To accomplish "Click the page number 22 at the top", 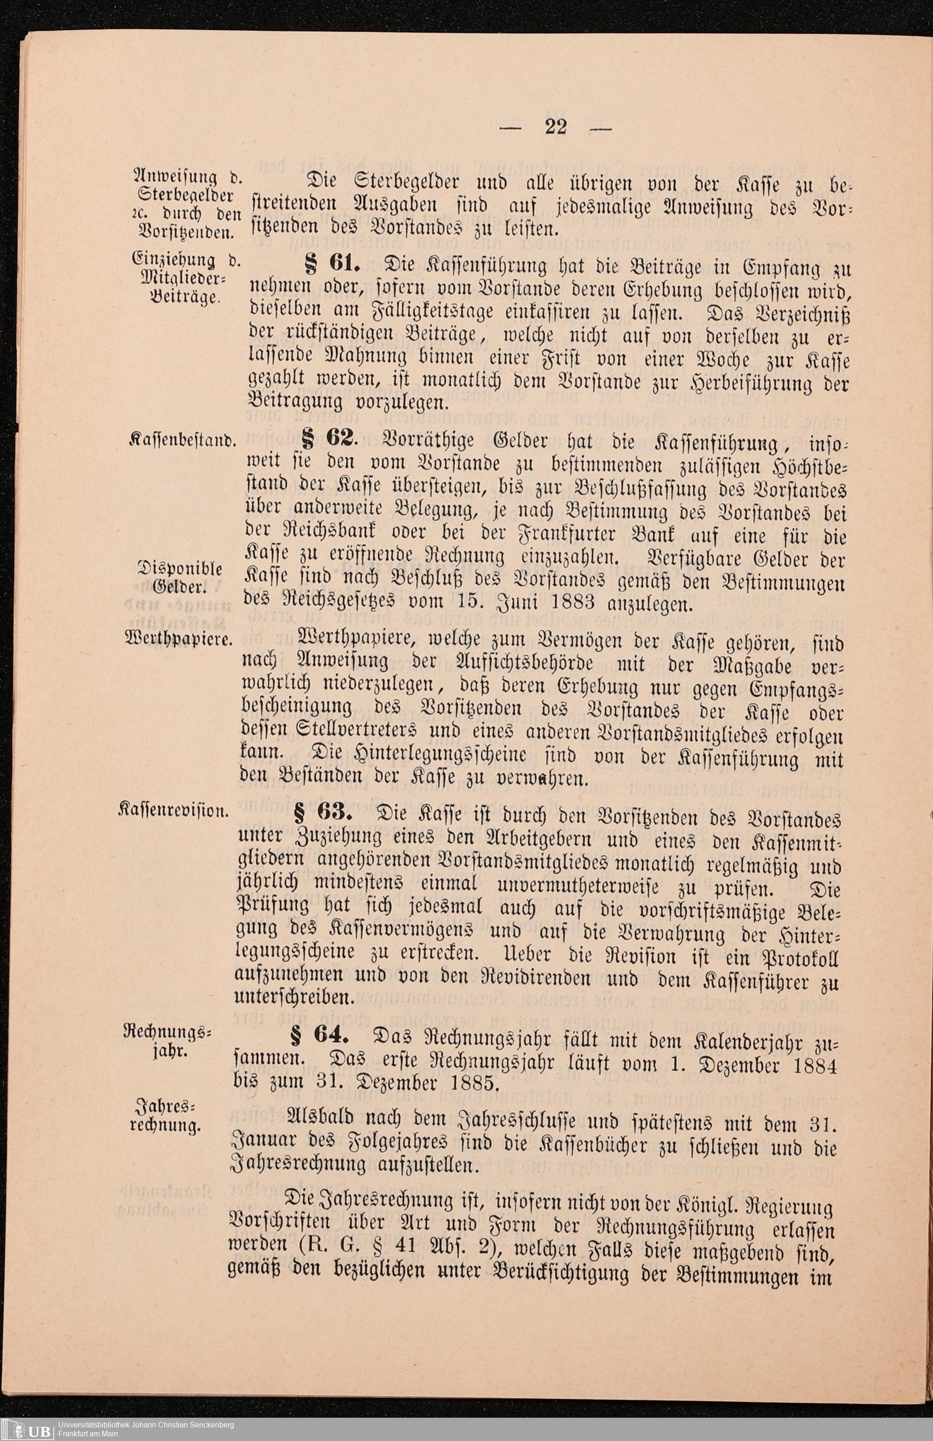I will point(556,128).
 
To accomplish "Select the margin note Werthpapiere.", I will point(179,639).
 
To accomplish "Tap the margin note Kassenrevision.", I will point(174,811).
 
